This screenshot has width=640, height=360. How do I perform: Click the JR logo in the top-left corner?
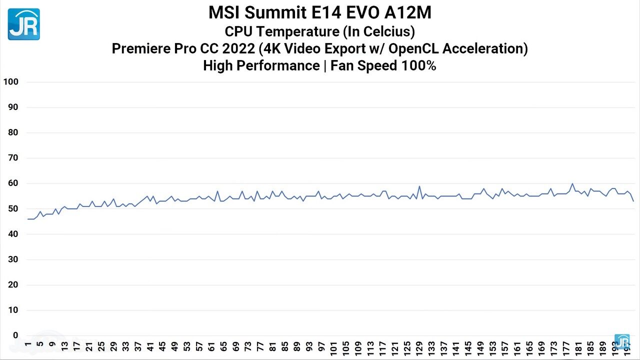pyautogui.click(x=23, y=23)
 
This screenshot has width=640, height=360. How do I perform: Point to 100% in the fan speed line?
pyautogui.click(x=418, y=65)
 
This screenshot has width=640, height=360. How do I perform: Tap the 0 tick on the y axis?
pyautogui.click(x=15, y=335)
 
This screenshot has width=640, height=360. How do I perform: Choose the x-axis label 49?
pyautogui.click(x=174, y=346)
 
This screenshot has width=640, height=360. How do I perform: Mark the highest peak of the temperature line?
pyautogui.click(x=572, y=183)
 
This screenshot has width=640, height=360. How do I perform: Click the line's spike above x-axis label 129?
pyautogui.click(x=419, y=186)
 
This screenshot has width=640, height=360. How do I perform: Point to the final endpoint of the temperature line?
pyautogui.click(x=633, y=201)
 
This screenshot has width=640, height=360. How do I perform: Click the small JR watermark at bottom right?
pyautogui.click(x=622, y=341)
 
